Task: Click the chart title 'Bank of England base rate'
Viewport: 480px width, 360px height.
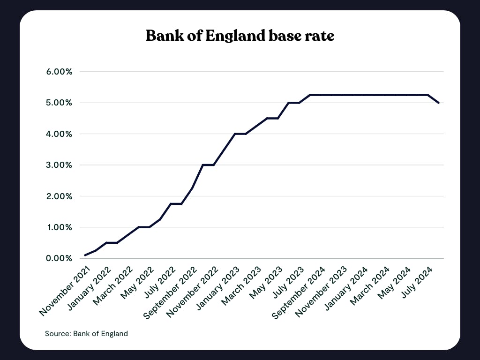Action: pos(240,36)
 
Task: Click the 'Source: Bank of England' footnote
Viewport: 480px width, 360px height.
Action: pos(86,334)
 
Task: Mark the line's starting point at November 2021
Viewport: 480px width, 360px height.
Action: pos(85,255)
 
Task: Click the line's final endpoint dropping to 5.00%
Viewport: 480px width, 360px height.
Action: pos(438,103)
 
